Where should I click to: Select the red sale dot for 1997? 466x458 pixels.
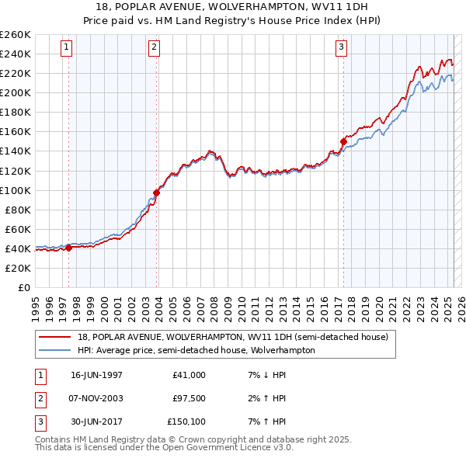68,248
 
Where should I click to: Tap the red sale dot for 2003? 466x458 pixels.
156,193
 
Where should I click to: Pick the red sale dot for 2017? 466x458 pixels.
343,141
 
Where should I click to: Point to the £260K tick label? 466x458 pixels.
16,35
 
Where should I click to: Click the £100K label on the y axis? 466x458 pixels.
16,190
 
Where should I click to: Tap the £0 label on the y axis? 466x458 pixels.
23,287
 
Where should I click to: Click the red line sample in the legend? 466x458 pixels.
56,337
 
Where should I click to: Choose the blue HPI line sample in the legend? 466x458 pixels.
56,350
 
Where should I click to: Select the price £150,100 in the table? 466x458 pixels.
186,422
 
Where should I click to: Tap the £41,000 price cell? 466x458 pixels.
190,375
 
